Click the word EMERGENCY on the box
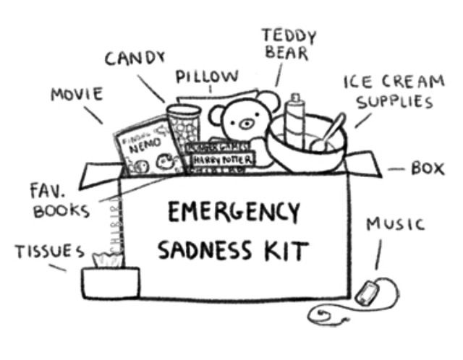click(233, 213)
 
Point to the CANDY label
click(135, 58)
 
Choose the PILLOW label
click(206, 77)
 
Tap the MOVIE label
click(77, 95)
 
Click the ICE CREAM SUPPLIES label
click(393, 91)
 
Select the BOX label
click(428, 168)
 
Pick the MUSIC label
click(394, 224)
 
